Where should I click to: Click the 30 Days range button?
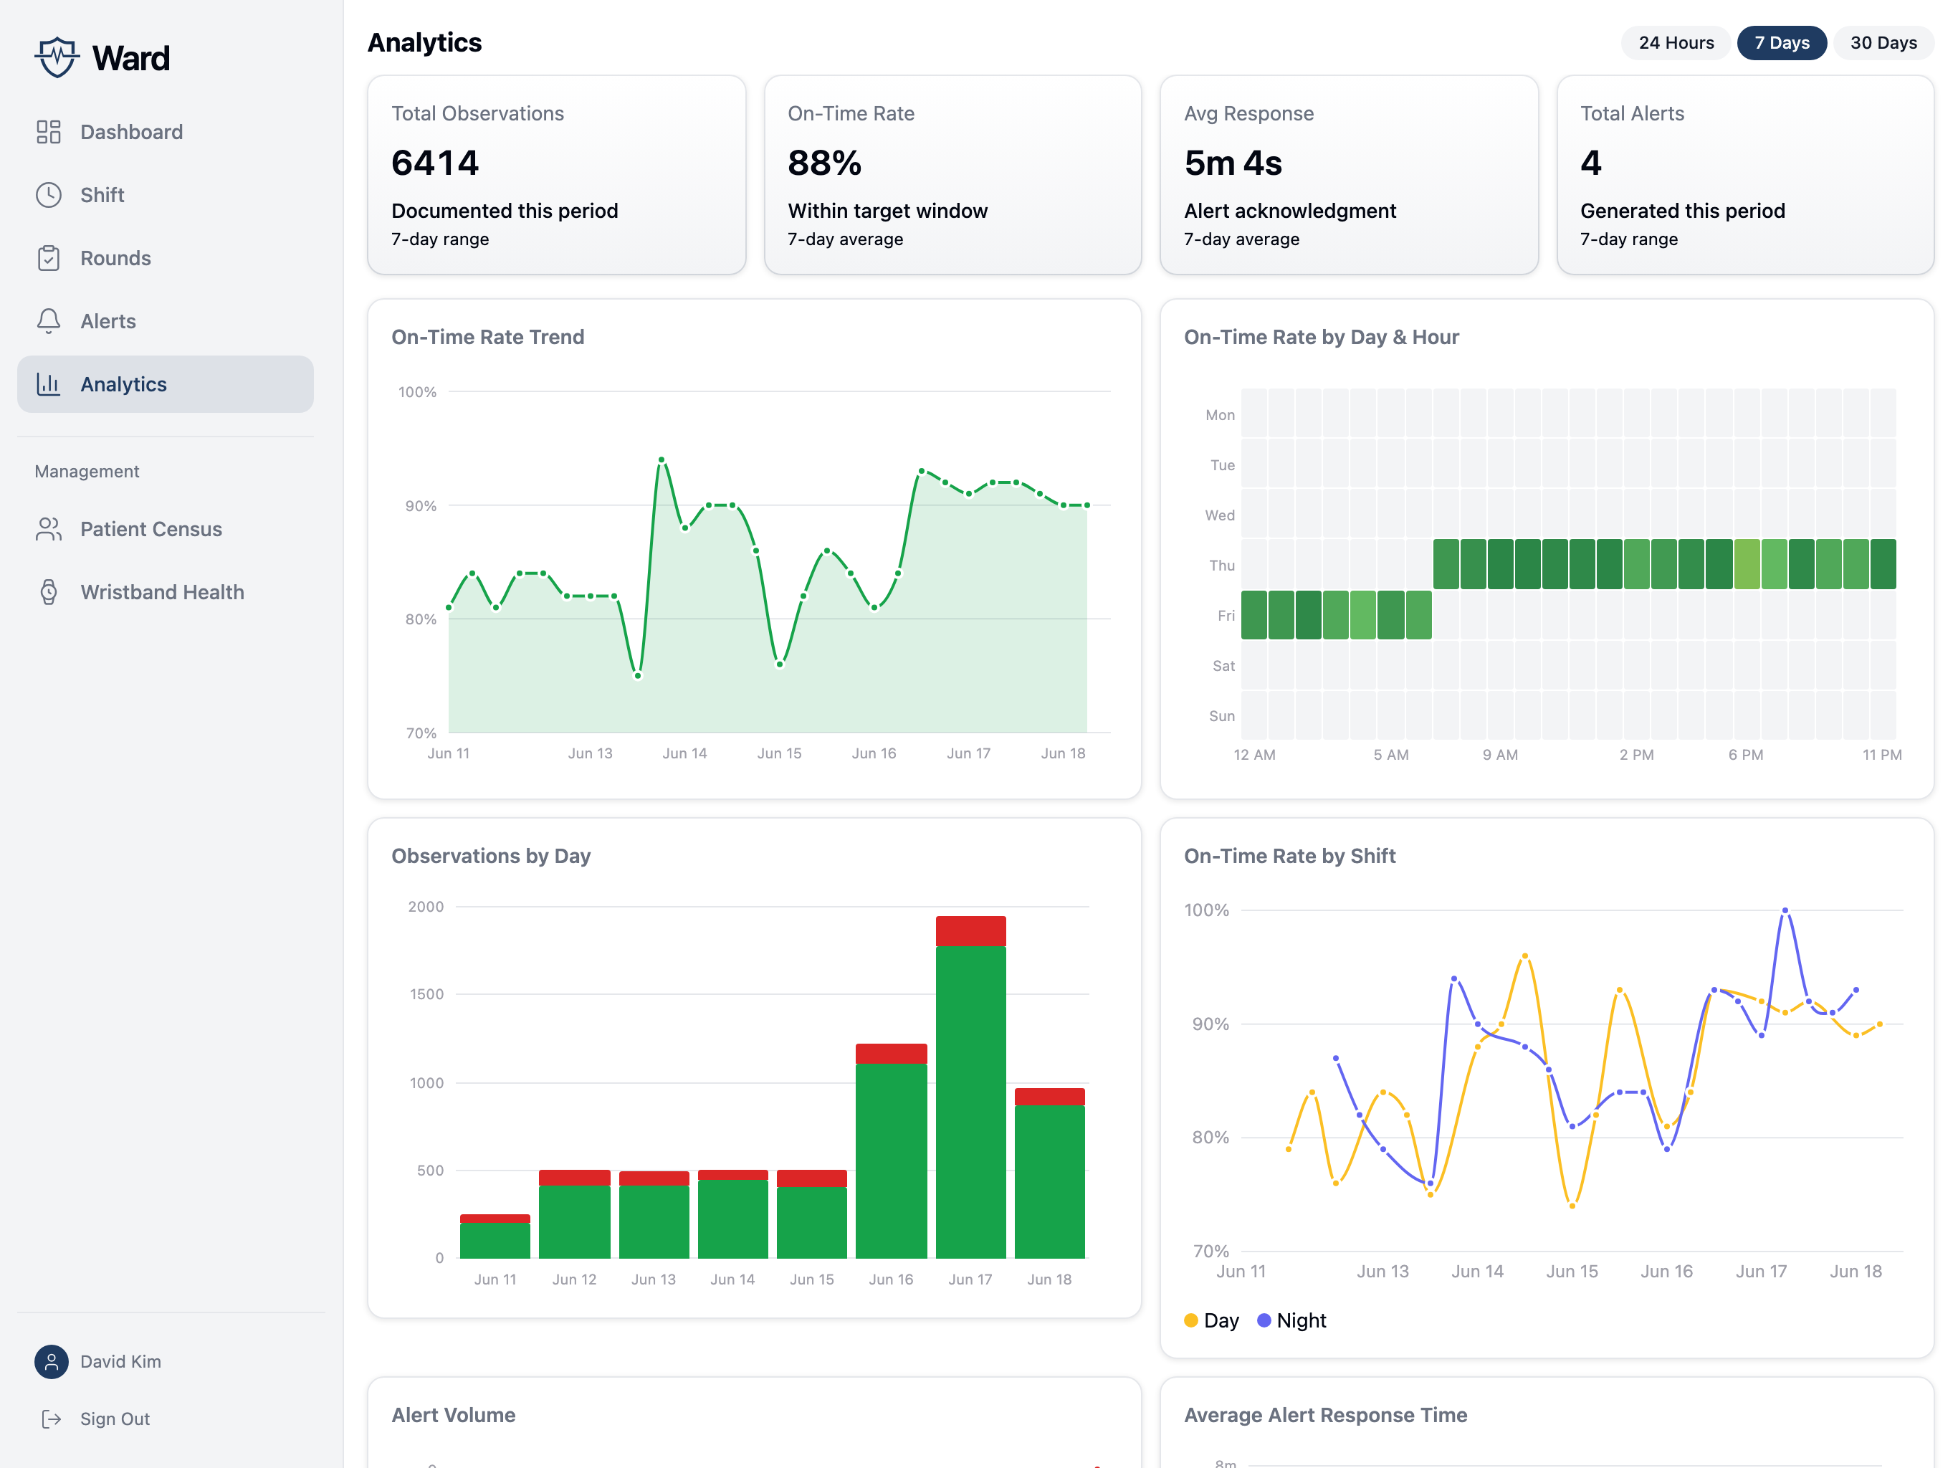tap(1883, 42)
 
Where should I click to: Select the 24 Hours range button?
tap(1676, 42)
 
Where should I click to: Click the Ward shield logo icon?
tap(57, 57)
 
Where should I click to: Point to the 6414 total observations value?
tap(434, 163)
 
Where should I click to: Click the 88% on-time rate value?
tap(824, 163)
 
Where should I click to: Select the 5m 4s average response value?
tap(1233, 163)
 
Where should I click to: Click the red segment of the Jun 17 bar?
tap(970, 931)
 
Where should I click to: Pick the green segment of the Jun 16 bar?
tap(892, 1160)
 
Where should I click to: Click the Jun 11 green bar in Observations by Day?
tap(495, 1241)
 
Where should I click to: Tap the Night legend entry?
tap(1291, 1320)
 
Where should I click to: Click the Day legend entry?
tap(1211, 1320)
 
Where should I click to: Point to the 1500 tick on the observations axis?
tap(426, 994)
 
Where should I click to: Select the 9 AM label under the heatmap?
tap(1500, 754)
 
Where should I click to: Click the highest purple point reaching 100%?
tap(1785, 910)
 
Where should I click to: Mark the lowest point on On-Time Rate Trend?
tap(637, 675)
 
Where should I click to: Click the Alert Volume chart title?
tap(453, 1415)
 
